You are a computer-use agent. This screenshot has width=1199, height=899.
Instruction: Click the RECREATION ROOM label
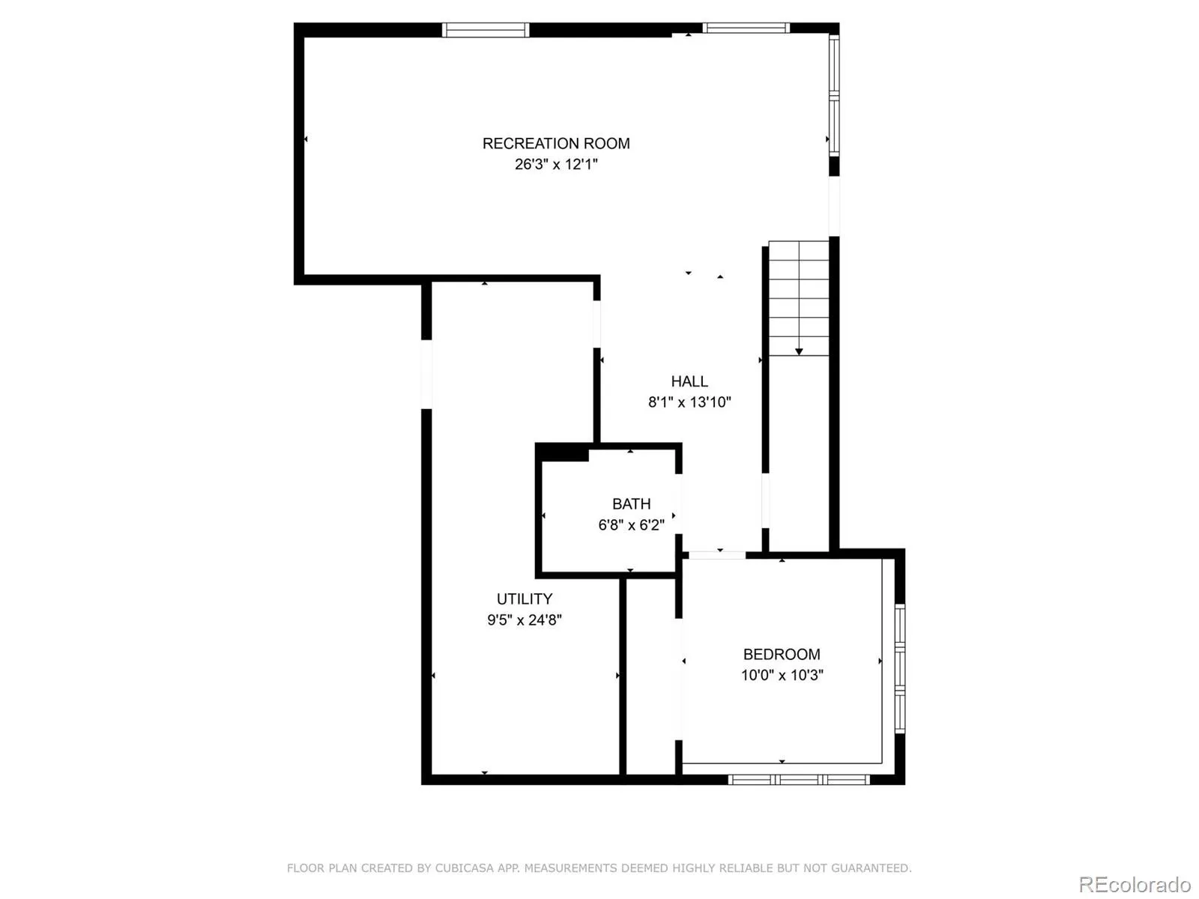click(555, 143)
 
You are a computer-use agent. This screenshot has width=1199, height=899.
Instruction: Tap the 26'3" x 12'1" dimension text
click(555, 164)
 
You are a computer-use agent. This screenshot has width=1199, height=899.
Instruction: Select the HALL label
click(689, 381)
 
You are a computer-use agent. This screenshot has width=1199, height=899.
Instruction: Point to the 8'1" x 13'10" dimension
click(689, 402)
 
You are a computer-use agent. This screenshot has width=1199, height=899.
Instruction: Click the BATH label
click(631, 504)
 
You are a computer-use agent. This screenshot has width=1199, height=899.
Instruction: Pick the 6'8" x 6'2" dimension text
click(631, 525)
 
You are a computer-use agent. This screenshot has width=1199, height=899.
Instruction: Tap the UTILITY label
click(525, 599)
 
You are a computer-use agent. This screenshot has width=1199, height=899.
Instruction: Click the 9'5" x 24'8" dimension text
click(525, 620)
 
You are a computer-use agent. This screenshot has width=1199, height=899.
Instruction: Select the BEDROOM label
click(782, 654)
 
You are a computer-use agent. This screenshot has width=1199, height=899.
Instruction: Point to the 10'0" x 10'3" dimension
click(782, 675)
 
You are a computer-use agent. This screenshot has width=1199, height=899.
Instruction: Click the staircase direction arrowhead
click(799, 351)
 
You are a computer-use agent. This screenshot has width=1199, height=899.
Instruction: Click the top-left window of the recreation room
click(485, 30)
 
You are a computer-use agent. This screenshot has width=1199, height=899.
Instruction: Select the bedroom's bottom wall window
click(799, 780)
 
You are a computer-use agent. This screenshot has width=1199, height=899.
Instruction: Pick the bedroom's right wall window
click(900, 668)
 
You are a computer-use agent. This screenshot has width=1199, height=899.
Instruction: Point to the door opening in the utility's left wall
click(426, 374)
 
